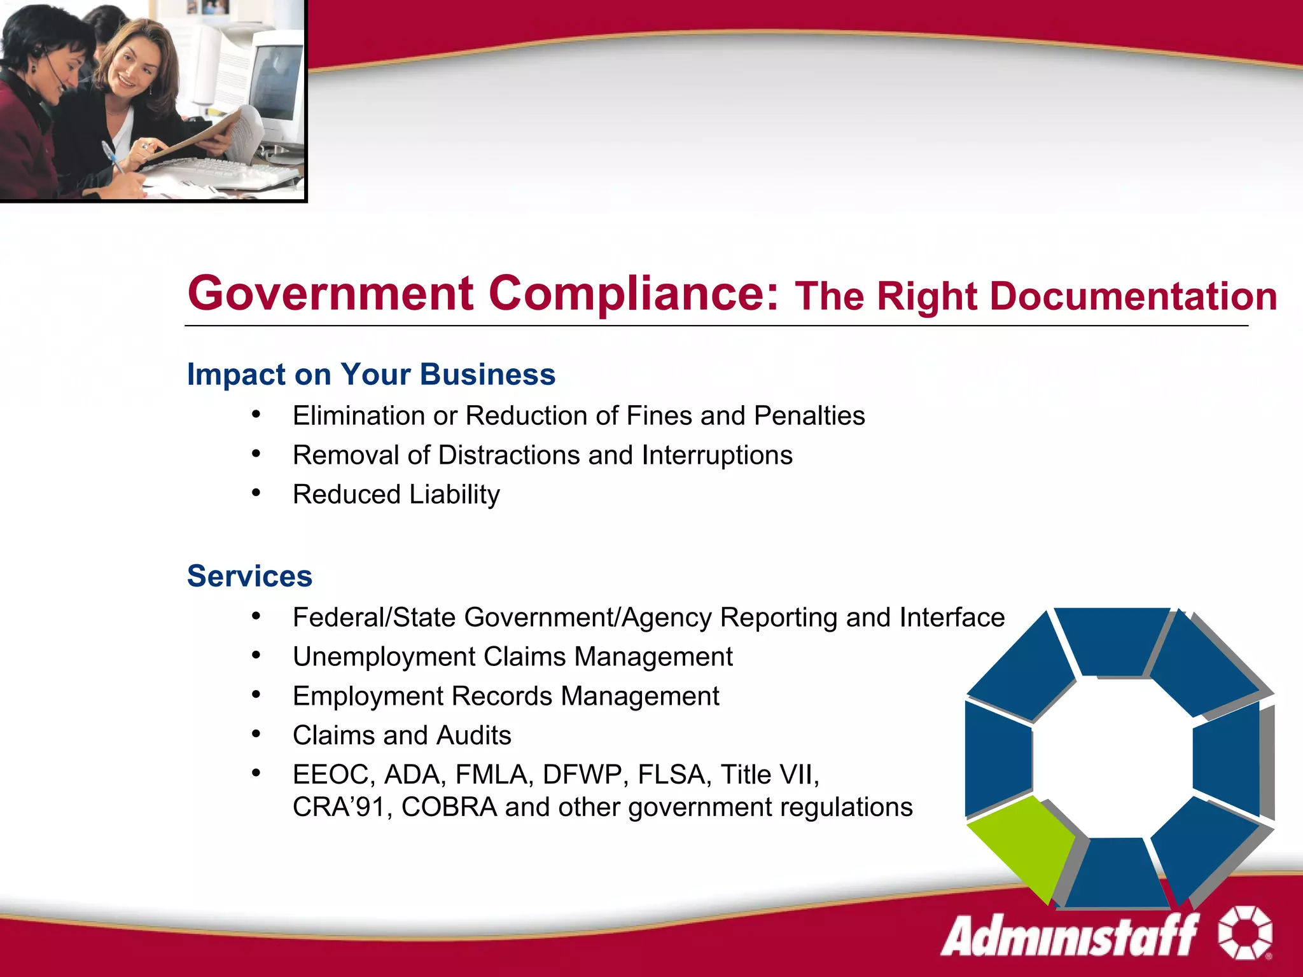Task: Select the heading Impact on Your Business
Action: tap(371, 374)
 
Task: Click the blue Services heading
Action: tap(249, 576)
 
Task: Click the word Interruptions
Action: tap(717, 455)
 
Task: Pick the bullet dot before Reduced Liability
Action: tap(256, 493)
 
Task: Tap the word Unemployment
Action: tap(384, 657)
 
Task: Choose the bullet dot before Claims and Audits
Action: tap(256, 734)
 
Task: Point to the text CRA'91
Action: tap(340, 807)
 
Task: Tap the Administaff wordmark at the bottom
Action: tap(1069, 934)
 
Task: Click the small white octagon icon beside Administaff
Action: tap(1245, 933)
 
